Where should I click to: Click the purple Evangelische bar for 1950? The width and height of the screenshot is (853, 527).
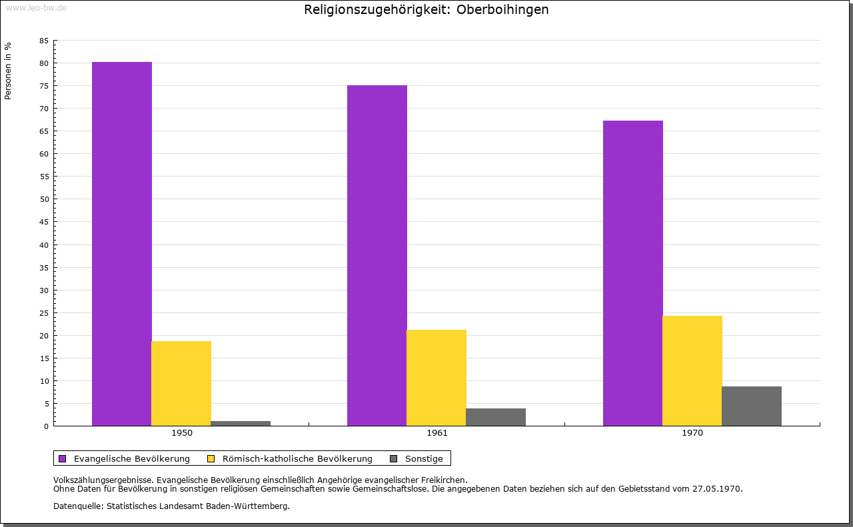[x=122, y=244]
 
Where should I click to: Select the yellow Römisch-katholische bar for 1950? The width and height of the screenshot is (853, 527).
[x=181, y=383]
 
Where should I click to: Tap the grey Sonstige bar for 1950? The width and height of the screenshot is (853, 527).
[x=241, y=423]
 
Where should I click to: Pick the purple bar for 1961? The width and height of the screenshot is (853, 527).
[x=377, y=255]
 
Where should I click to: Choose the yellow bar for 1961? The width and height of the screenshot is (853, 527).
[x=436, y=378]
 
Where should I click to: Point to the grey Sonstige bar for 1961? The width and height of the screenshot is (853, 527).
[x=496, y=417]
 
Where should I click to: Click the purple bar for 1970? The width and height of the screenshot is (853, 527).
[x=633, y=273]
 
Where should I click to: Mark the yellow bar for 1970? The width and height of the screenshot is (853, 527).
[x=692, y=370]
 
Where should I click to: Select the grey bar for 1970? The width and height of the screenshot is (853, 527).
[x=752, y=406]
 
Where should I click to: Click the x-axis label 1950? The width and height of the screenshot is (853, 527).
[x=182, y=433]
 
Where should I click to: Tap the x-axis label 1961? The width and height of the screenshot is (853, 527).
[x=437, y=433]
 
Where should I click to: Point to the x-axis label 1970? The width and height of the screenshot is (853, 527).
[x=692, y=433]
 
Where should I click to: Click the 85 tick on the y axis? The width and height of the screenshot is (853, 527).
[x=44, y=41]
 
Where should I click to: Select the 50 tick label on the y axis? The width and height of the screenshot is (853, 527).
[x=44, y=199]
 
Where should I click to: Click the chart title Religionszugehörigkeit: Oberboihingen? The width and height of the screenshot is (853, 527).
[x=426, y=10]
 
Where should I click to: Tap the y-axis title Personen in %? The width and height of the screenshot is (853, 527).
[x=8, y=71]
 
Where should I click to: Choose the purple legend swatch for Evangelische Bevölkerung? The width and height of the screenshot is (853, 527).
[x=63, y=458]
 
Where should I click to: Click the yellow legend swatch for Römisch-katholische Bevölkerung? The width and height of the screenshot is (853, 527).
[x=211, y=458]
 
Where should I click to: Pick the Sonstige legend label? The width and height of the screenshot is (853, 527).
[x=424, y=458]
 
